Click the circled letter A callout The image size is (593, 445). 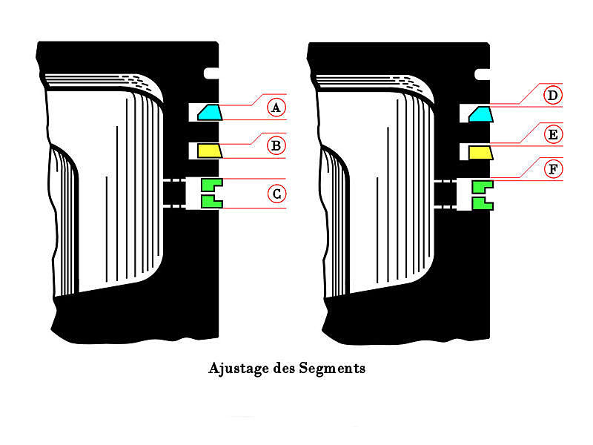tap(276, 108)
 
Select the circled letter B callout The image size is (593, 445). tap(276, 145)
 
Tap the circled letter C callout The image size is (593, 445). tap(276, 194)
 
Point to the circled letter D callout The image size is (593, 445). tap(553, 95)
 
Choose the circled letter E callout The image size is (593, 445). tap(553, 134)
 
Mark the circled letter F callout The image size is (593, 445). tap(553, 169)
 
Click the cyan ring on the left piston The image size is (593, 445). tap(210, 113)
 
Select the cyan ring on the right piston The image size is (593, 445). tap(480, 114)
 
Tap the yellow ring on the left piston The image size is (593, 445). tap(209, 151)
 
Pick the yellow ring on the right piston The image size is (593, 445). tap(480, 153)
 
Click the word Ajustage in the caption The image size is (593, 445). tap(239, 369)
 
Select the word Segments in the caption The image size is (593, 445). tap(332, 368)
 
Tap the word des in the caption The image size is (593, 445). tap(284, 368)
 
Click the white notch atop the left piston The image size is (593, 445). tap(211, 73)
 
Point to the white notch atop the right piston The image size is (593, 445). tap(483, 75)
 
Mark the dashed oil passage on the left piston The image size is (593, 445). tap(174, 193)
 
